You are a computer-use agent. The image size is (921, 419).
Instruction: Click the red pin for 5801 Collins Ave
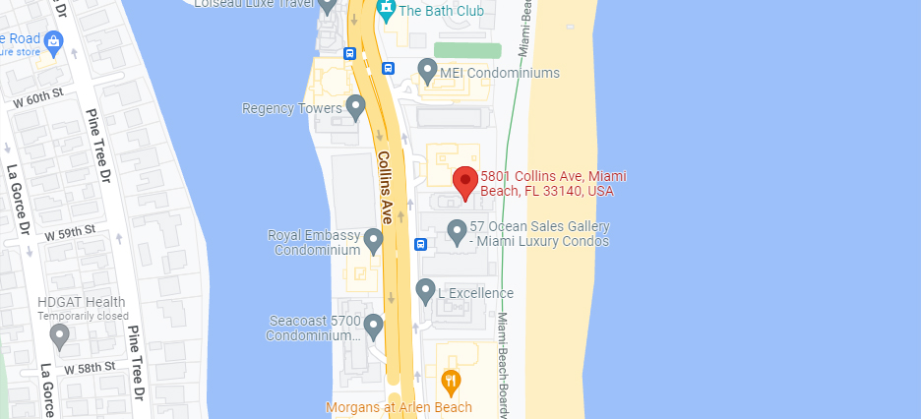pyautogui.click(x=465, y=182)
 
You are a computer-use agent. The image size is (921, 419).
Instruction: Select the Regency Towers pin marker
pyautogui.click(x=355, y=107)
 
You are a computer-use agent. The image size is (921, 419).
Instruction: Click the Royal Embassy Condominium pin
pyautogui.click(x=373, y=240)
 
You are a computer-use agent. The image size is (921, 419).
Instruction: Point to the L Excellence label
pyautogui.click(x=475, y=293)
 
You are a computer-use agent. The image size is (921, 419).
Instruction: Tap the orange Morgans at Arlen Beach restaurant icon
pyautogui.click(x=451, y=383)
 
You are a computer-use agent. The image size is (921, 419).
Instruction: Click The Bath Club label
pyautogui.click(x=441, y=10)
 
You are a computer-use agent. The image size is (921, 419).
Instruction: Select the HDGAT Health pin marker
pyautogui.click(x=60, y=336)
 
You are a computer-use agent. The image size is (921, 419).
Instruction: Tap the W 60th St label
pyautogui.click(x=37, y=99)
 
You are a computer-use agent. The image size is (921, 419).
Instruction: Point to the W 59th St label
pyautogui.click(x=70, y=230)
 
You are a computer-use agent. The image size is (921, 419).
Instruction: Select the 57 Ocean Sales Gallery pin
pyautogui.click(x=457, y=231)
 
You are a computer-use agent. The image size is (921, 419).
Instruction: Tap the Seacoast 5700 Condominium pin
pyautogui.click(x=373, y=324)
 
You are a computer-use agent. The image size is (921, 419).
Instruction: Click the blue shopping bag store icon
pyautogui.click(x=53, y=41)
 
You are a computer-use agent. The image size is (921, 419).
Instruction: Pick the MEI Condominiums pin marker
pyautogui.click(x=427, y=70)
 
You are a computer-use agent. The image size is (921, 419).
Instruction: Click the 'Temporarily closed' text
pyautogui.click(x=83, y=316)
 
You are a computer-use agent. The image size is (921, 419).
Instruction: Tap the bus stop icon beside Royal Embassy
pyautogui.click(x=420, y=244)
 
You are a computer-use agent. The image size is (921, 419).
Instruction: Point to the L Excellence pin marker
pyautogui.click(x=425, y=290)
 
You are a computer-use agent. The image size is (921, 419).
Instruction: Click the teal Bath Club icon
pyautogui.click(x=386, y=11)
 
